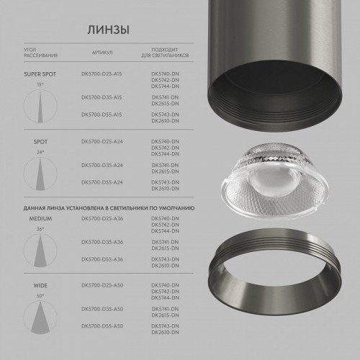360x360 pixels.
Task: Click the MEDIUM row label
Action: pyautogui.click(x=39, y=217)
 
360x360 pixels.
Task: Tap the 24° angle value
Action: pyautogui.click(x=40, y=153)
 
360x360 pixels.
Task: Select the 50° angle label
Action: pyautogui.click(x=40, y=294)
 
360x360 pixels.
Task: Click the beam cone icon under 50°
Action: pyautogui.click(x=40, y=318)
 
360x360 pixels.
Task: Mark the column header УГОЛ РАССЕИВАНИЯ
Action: pyautogui.click(x=41, y=53)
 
